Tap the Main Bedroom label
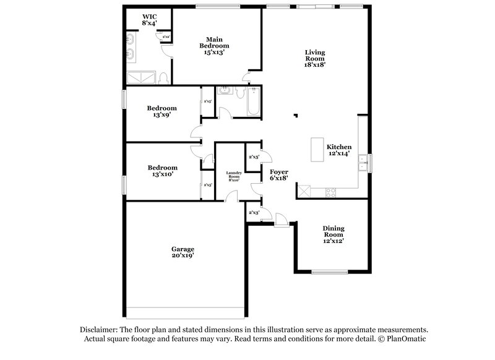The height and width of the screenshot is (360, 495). tap(214, 45)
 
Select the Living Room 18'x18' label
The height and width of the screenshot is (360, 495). tap(315, 58)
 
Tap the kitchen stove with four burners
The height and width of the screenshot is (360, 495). tap(330, 192)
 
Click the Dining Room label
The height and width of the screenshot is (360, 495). tap(333, 234)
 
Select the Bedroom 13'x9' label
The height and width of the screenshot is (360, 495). tap(161, 111)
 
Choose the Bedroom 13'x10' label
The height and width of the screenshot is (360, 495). tap(162, 171)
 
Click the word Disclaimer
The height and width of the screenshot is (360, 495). tap(100, 330)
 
